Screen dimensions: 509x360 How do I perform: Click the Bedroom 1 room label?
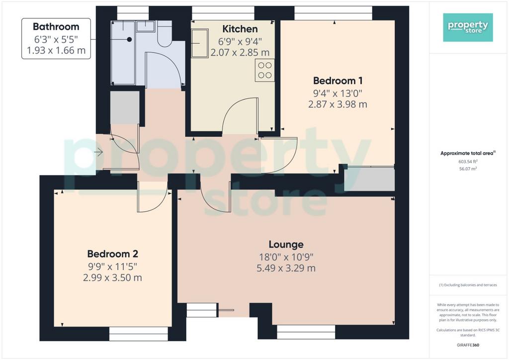338,81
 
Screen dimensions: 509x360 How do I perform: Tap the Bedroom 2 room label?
113,254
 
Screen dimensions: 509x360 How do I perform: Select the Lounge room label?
286,244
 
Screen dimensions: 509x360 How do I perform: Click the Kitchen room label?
240,29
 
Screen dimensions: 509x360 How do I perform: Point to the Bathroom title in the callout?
56,27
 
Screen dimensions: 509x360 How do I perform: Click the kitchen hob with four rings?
264,70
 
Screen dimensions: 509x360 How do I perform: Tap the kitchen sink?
199,43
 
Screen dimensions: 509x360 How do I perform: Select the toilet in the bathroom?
165,34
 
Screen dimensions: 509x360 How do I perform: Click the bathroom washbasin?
146,26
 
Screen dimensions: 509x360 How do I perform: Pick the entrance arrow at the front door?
99,152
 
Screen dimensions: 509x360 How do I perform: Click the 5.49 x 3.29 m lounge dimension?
286,268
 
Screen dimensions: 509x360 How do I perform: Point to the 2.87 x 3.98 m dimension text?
338,104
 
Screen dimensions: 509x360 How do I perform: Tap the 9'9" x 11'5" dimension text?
113,267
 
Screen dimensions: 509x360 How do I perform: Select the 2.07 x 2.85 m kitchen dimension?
240,52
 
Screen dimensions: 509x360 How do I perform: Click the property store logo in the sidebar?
468,27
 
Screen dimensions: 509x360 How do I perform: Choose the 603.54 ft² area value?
468,161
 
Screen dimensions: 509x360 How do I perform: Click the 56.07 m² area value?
468,169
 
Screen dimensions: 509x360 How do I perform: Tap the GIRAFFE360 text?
468,345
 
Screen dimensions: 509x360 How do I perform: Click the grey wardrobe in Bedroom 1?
370,179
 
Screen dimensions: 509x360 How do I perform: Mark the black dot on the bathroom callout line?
129,40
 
